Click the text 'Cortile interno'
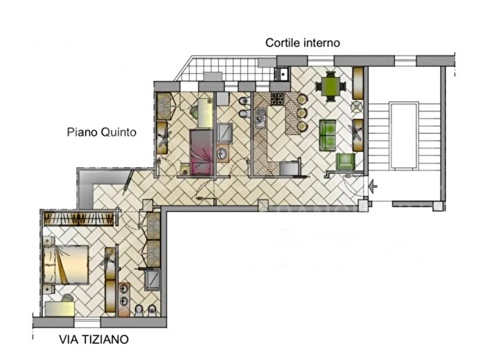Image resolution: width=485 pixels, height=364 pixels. tap(303, 43)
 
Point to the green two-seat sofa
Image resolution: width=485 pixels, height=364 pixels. tap(327, 134)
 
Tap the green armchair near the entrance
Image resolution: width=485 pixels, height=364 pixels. tap(346, 162)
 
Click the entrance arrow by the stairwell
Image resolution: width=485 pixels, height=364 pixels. tap(373, 186)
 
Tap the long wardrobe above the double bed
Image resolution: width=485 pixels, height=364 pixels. tap(78, 219)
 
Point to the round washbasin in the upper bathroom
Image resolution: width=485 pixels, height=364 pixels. tap(223, 153)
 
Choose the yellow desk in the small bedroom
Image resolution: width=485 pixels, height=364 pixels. tap(204, 111)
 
